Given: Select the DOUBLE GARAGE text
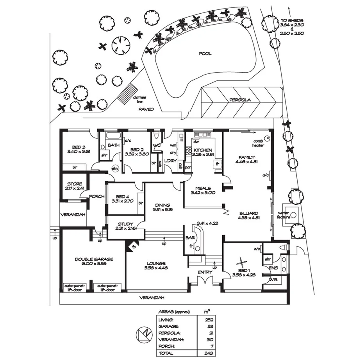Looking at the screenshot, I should pos(94,259).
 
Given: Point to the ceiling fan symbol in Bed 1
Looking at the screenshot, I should pos(243,263).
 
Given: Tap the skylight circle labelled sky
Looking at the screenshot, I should pos(115,169).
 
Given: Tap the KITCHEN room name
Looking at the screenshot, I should pos(203,150).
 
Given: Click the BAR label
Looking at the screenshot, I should pos(191,237).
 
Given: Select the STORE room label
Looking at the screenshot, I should pos(74,184).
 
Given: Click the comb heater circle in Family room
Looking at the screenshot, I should pos(267,138).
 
